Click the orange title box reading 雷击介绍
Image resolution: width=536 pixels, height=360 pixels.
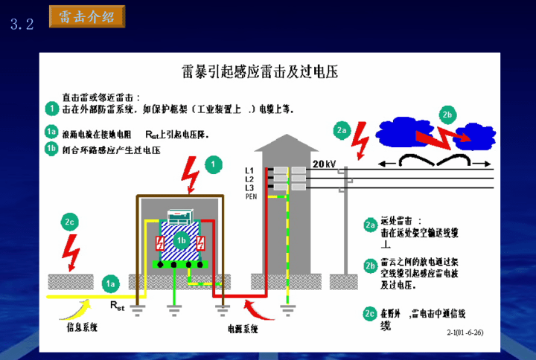pyautogui.click(x=86, y=16)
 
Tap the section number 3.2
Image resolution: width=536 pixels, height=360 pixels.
pyautogui.click(x=22, y=24)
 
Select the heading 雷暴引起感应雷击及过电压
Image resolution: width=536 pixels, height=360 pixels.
pyautogui.click(x=260, y=71)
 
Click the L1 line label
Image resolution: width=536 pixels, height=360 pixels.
pyautogui.click(x=249, y=170)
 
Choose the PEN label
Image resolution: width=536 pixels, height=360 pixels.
pyautogui.click(x=251, y=196)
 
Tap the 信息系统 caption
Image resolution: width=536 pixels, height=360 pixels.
pyautogui.click(x=77, y=327)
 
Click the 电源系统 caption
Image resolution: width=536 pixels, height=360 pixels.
pyautogui.click(x=243, y=327)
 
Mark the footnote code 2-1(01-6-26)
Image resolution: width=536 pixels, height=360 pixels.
pyautogui.click(x=465, y=332)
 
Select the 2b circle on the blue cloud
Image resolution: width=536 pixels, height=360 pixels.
pyautogui.click(x=447, y=115)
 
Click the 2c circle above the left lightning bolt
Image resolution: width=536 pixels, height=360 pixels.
pyautogui.click(x=70, y=222)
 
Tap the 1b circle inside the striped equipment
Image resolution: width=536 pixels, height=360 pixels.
pyautogui.click(x=180, y=240)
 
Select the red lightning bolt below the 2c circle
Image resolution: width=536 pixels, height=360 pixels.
pyautogui.click(x=72, y=251)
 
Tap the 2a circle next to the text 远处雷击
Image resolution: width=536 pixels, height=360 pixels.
pyautogui.click(x=370, y=225)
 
